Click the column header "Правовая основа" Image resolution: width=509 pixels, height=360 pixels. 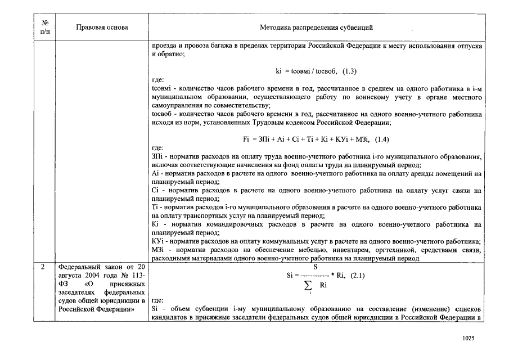click(x=102, y=27)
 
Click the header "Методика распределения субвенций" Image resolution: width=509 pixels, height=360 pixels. click(x=317, y=27)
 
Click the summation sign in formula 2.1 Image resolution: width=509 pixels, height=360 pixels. click(x=308, y=286)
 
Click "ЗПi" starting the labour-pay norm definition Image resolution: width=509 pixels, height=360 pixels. click(x=157, y=156)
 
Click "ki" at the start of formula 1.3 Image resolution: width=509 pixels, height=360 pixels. click(x=279, y=71)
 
